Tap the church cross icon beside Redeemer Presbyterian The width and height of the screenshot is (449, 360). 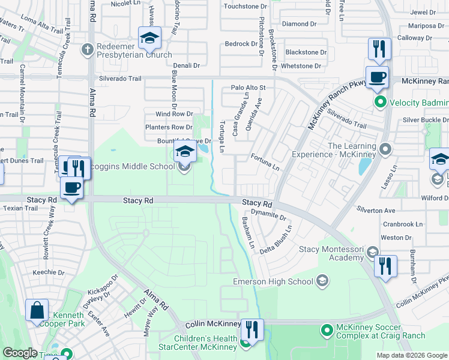(88, 49)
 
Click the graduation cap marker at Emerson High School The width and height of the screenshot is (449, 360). (322, 281)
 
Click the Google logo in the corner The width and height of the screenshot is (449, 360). (20, 353)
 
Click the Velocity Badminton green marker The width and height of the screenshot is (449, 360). (379, 102)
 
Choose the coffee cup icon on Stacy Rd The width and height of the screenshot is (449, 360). (72, 188)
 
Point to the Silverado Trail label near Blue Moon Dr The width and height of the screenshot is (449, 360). (121, 79)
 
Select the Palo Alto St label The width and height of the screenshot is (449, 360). (248, 88)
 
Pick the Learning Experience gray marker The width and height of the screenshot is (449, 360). (385, 148)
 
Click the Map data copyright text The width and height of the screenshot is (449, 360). (411, 355)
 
